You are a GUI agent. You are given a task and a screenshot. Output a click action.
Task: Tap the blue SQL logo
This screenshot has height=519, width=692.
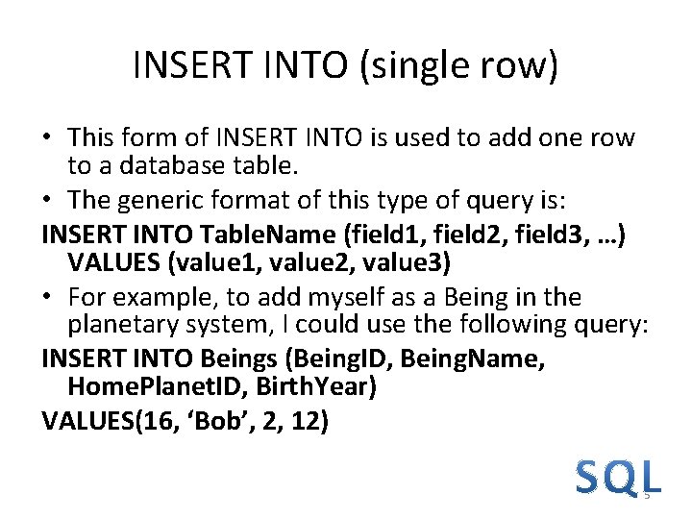coord(618,478)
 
